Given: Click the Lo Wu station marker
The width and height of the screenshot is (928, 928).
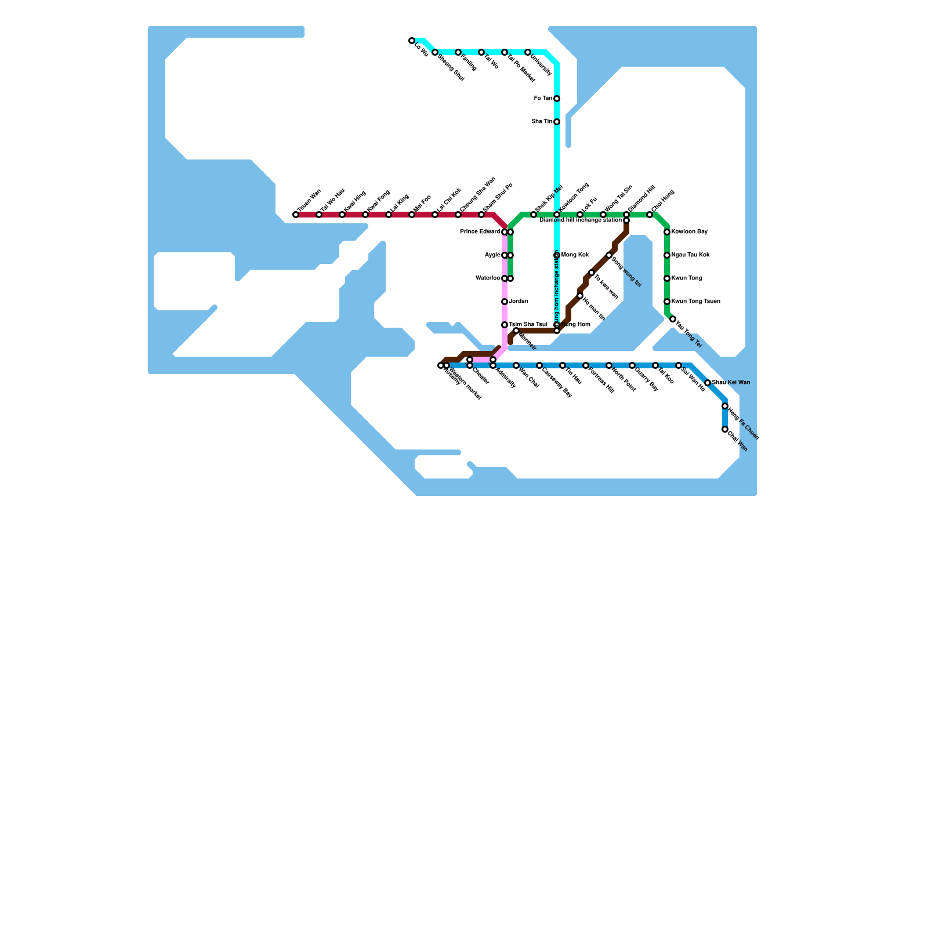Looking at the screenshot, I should (412, 41).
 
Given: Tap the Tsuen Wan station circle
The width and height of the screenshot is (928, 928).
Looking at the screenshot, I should (296, 215).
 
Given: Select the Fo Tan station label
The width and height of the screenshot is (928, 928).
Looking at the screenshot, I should (543, 99).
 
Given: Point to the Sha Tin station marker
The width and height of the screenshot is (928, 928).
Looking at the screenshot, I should (557, 122).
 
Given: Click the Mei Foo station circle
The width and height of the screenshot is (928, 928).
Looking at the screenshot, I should (412, 215).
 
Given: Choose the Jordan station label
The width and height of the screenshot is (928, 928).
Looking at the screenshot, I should (519, 302).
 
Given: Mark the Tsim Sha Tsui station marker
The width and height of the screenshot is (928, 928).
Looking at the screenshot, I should (505, 325).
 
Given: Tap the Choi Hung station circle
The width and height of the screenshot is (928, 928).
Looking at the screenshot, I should (650, 215).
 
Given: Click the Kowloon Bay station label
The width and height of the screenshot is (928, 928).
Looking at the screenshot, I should (690, 232).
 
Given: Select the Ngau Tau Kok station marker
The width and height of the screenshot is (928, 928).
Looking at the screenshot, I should (667, 255).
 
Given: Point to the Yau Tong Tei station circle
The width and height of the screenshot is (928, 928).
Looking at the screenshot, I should (673, 319).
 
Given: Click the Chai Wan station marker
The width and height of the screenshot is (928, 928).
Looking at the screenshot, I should (725, 429).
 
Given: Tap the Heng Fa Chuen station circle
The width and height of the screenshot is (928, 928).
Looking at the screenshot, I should (725, 406).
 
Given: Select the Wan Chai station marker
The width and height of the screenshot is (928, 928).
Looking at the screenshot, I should (516, 365).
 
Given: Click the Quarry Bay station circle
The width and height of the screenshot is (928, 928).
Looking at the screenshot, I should (632, 365).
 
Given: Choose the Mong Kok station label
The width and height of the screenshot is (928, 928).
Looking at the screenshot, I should (575, 255).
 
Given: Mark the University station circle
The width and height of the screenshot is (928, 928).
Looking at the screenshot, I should (528, 52).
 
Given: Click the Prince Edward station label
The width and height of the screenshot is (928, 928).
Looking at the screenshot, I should (480, 232).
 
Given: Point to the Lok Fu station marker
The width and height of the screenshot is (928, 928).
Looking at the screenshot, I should (580, 215).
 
